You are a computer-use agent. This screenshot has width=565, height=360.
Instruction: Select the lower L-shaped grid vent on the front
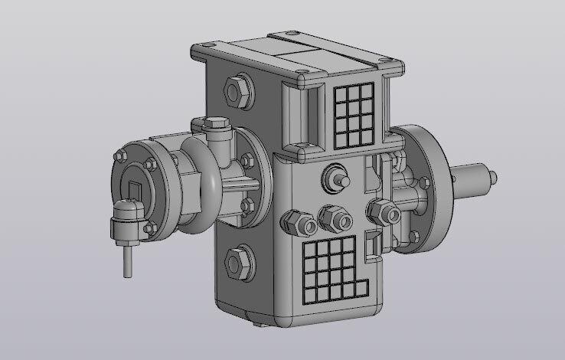pos(334,268)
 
